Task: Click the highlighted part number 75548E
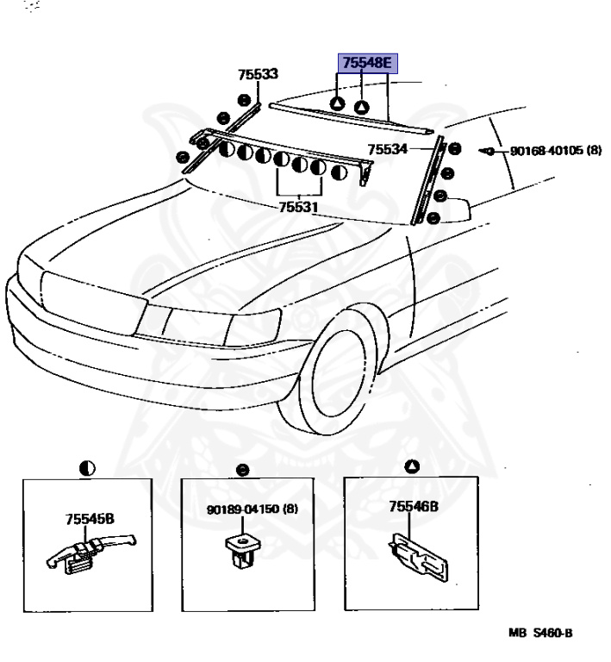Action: pos(367,63)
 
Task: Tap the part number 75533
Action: pos(259,75)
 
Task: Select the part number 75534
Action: pos(388,149)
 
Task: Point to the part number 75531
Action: pos(297,207)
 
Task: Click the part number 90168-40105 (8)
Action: pos(555,150)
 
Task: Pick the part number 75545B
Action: pos(90,518)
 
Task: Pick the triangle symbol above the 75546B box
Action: pos(412,466)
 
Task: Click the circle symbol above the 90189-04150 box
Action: pos(243,470)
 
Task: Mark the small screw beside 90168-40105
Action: pos(489,151)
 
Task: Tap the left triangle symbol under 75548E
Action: pos(338,104)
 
